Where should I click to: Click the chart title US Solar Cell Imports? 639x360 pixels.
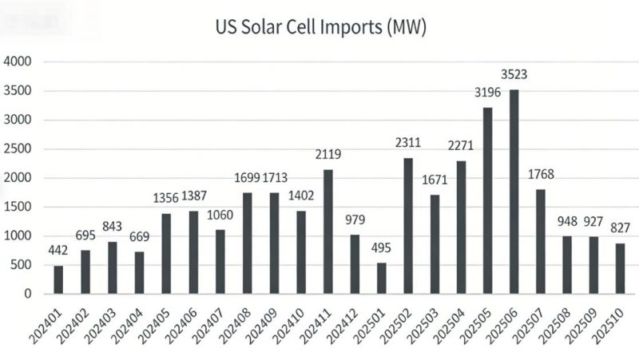[320, 30]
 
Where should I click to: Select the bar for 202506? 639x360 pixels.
[514, 192]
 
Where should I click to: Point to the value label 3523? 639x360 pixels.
[514, 76]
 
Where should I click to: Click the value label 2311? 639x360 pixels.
[409, 144]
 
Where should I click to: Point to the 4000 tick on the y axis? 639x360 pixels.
[18, 61]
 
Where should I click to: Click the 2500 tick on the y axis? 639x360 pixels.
[18, 148]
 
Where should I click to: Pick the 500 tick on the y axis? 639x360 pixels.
[21, 265]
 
